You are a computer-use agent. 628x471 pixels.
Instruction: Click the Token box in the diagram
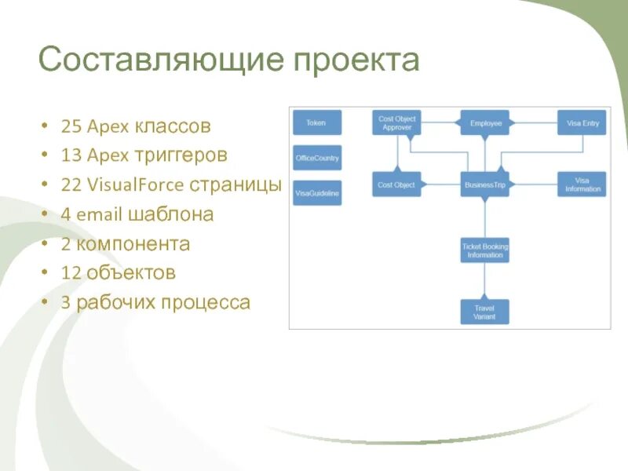(316, 122)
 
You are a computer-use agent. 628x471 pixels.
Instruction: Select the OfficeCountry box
(317, 158)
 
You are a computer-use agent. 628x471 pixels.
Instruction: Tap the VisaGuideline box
(317, 192)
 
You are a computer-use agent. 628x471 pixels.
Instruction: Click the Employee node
(485, 123)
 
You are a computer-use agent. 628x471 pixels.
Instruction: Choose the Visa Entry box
(582, 123)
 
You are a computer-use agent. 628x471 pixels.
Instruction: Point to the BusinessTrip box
(485, 184)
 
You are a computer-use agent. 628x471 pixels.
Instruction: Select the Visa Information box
(582, 184)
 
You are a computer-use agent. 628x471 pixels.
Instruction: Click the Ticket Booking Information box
(485, 250)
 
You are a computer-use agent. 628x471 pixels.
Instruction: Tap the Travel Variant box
(484, 312)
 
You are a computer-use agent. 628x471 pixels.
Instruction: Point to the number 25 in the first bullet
(71, 126)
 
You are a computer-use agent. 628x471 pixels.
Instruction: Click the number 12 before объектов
(71, 273)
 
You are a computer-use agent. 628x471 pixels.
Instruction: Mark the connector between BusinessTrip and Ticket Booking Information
(485, 217)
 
